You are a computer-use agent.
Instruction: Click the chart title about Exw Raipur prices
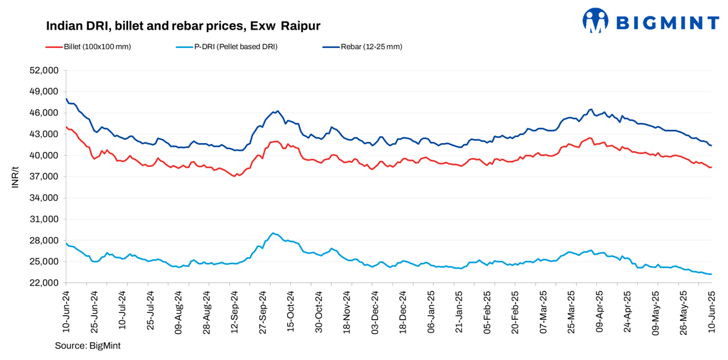click(x=183, y=26)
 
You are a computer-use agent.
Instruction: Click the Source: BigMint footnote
click(x=88, y=345)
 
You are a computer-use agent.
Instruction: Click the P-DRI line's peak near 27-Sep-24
click(x=272, y=233)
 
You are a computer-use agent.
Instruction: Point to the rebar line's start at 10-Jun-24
click(x=66, y=98)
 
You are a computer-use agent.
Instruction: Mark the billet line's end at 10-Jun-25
click(x=712, y=167)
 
